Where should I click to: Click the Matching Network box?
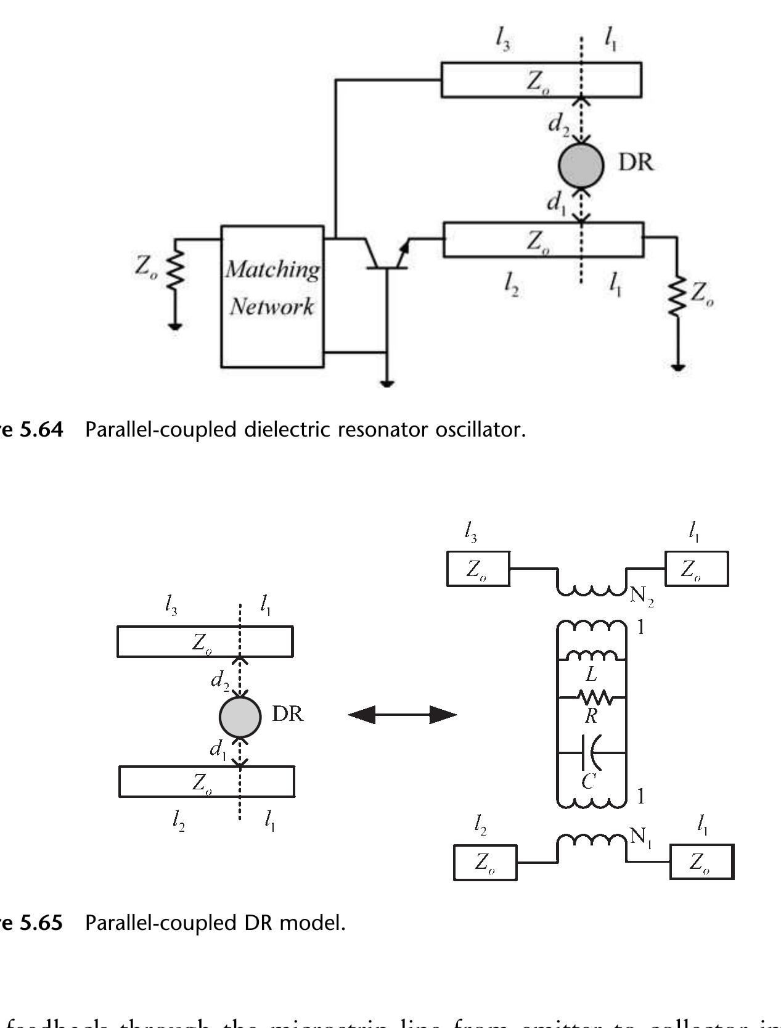272,297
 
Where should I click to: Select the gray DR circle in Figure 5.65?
240,717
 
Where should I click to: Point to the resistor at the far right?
677,296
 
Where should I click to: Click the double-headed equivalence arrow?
403,715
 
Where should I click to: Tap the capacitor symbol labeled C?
590,753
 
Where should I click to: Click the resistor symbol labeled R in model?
594,698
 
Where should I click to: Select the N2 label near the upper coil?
641,597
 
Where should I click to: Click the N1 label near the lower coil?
640,837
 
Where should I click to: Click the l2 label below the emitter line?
510,285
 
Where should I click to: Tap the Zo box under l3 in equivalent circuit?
478,569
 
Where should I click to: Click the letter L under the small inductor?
591,675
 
